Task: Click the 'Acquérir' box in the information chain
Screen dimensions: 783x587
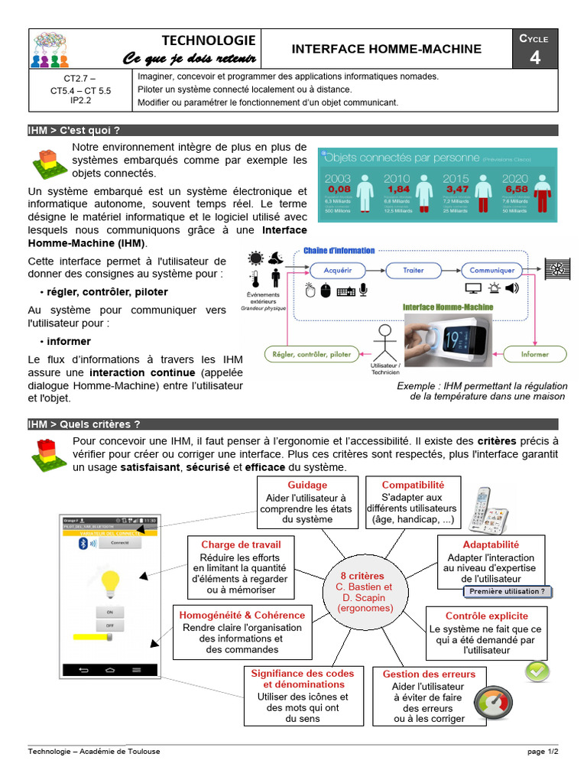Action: click(338, 270)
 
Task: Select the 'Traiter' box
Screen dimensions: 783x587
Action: click(413, 270)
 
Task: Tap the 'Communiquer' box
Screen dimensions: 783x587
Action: click(491, 270)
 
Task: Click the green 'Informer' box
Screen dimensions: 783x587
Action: click(534, 354)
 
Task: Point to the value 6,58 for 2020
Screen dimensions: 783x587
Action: click(517, 189)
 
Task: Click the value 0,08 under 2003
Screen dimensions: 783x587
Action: click(339, 189)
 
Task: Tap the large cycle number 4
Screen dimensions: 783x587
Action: click(535, 57)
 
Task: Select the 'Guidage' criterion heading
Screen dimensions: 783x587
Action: click(307, 485)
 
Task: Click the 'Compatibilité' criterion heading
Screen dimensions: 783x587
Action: click(412, 485)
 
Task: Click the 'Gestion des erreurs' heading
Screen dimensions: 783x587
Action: click(429, 674)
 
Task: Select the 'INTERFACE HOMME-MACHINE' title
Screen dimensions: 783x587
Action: click(387, 49)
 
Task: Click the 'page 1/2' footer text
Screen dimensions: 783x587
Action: click(543, 752)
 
